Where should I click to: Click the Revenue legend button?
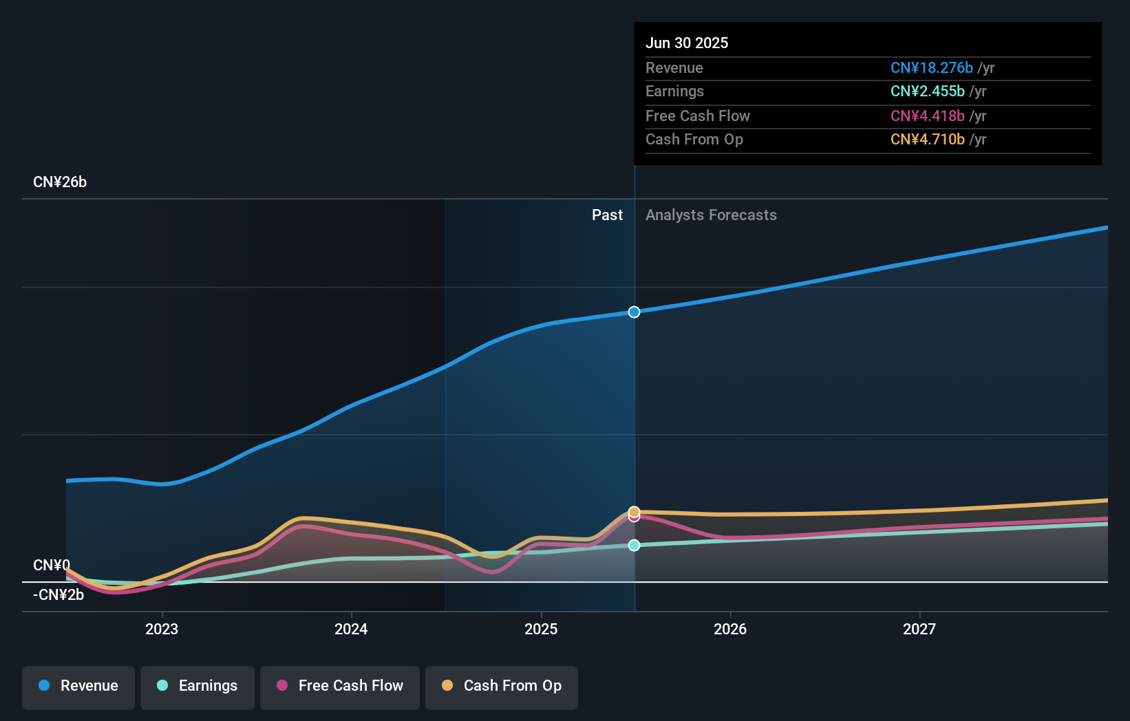[x=78, y=687]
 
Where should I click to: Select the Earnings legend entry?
[x=198, y=687]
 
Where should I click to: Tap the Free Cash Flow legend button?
[x=340, y=687]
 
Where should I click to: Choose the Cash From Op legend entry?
[x=502, y=687]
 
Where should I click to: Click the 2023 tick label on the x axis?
[x=162, y=629]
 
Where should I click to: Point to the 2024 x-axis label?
[x=351, y=629]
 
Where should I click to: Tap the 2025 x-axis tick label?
[x=541, y=629]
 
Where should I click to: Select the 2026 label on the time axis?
[x=730, y=629]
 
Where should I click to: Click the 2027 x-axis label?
[x=919, y=629]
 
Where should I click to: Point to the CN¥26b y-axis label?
[x=60, y=182]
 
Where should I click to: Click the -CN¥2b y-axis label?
[x=58, y=595]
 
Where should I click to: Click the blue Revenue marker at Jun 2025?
[x=634, y=312]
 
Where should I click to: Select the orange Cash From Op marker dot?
[x=634, y=511]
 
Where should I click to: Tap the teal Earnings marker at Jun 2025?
[x=634, y=546]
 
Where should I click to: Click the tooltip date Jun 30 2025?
[x=686, y=43]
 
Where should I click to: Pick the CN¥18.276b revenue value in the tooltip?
[x=931, y=67]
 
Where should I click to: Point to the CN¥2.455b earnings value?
[x=927, y=92]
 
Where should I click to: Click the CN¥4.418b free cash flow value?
[x=927, y=116]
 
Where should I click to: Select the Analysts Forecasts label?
[x=711, y=215]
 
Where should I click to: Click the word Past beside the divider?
[x=607, y=215]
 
